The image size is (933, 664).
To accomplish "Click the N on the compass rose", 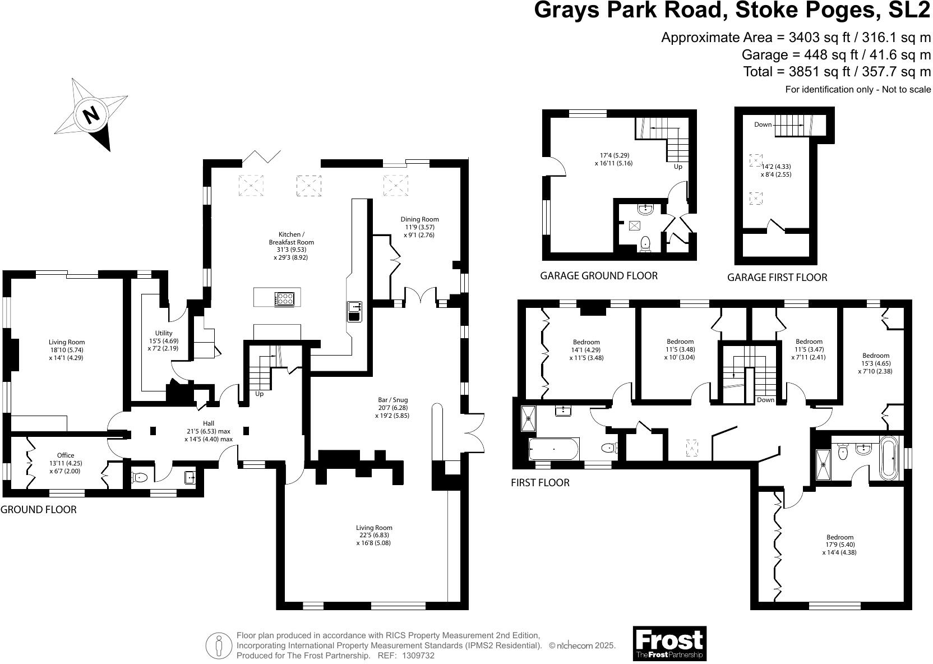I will tap(91, 116).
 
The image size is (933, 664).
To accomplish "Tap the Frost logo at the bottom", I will tap(669, 643).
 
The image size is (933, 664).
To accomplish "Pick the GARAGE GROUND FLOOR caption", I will tap(598, 275).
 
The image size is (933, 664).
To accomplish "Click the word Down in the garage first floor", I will tap(763, 125).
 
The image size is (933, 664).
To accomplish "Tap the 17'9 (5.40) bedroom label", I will tap(839, 545).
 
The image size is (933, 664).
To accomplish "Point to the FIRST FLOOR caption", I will tap(540, 482).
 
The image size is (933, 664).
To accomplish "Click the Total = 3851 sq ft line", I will tap(837, 72).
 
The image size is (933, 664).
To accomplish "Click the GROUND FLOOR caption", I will tap(38, 509).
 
